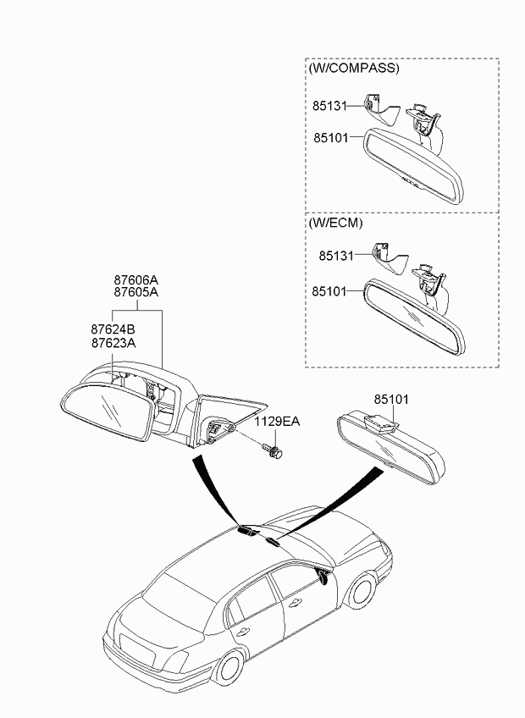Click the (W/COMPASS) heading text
354,68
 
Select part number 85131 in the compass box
329,106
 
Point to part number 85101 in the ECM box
330,290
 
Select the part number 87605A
136,292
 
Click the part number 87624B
113,329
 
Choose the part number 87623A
113,342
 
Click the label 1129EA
279,421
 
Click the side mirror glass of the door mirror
108,414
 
